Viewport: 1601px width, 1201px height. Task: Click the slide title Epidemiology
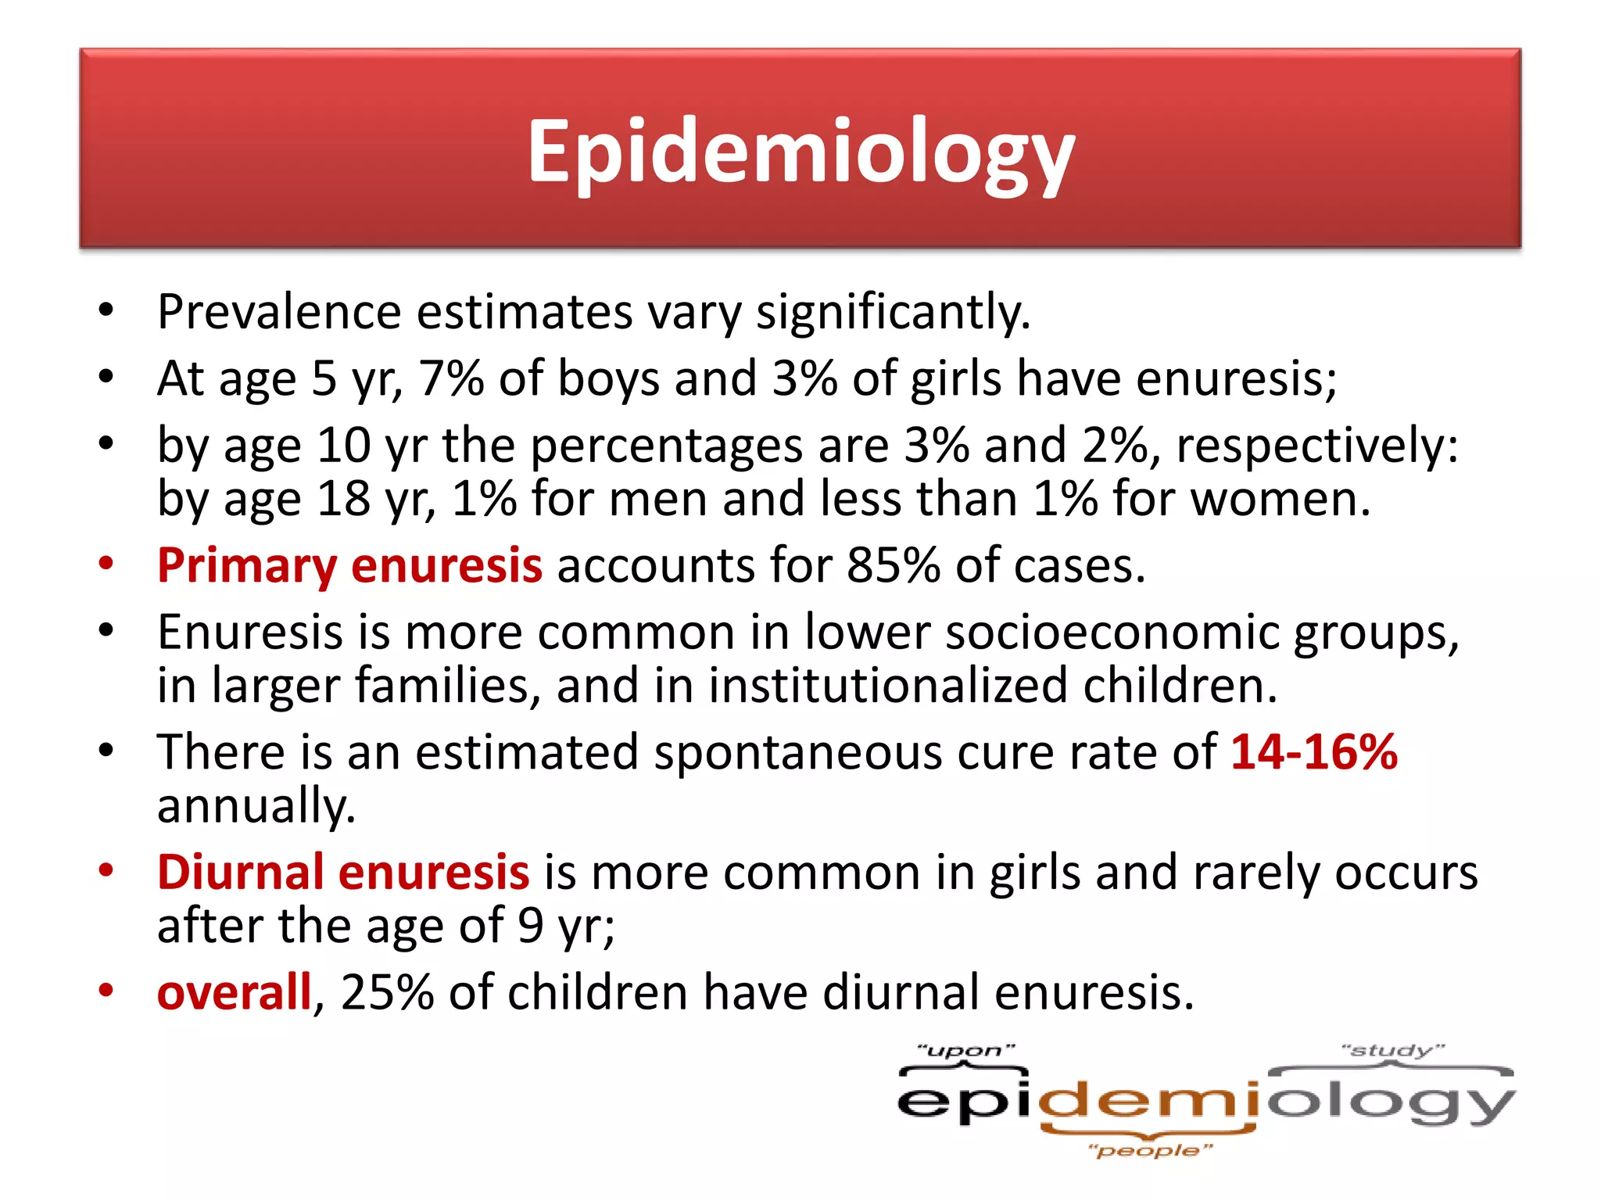[x=800, y=152]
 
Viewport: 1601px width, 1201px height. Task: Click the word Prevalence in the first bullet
[x=279, y=312]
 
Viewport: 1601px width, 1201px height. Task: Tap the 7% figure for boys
[x=451, y=379]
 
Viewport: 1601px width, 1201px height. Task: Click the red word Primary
[x=246, y=566]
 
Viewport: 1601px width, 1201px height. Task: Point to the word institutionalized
[x=888, y=686]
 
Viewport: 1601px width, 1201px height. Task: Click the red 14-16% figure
[x=1313, y=752]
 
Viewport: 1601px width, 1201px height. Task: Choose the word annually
[x=256, y=807]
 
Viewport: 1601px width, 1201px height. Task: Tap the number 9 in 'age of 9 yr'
[x=530, y=926]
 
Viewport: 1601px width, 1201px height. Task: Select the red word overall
[x=234, y=993]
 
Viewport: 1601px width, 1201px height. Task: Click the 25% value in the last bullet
[x=387, y=993]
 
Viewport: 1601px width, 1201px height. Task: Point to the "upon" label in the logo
[x=965, y=1051]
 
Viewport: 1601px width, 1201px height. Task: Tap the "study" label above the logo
[x=1392, y=1050]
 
